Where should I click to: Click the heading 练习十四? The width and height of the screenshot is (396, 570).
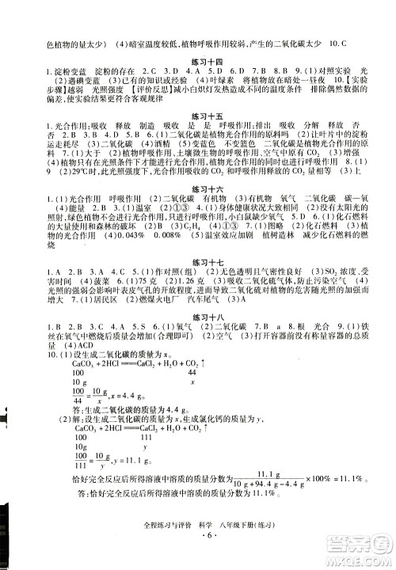tap(198, 62)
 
